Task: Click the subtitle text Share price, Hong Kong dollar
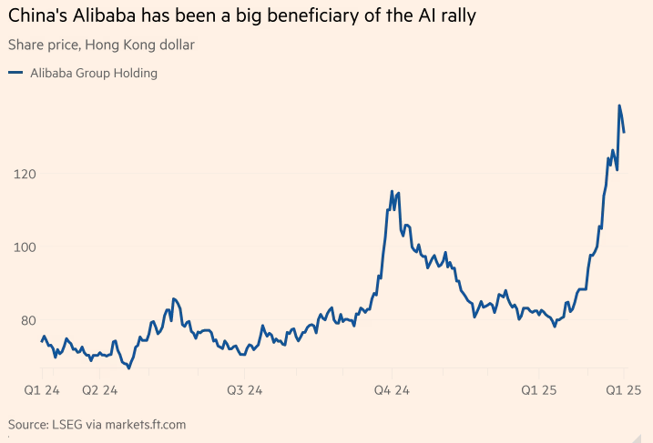pos(100,44)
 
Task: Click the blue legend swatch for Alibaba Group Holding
pos(15,73)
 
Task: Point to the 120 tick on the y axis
pos(25,174)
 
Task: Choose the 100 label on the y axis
pos(25,247)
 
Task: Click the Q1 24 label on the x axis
pos(41,389)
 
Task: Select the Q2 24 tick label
pos(99,389)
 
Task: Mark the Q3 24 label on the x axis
pos(244,389)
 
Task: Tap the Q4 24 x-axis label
pos(393,389)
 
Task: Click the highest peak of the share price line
pos(619,106)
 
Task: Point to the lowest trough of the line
pos(128,367)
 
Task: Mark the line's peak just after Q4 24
pos(392,192)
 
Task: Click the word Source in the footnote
pos(28,424)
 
